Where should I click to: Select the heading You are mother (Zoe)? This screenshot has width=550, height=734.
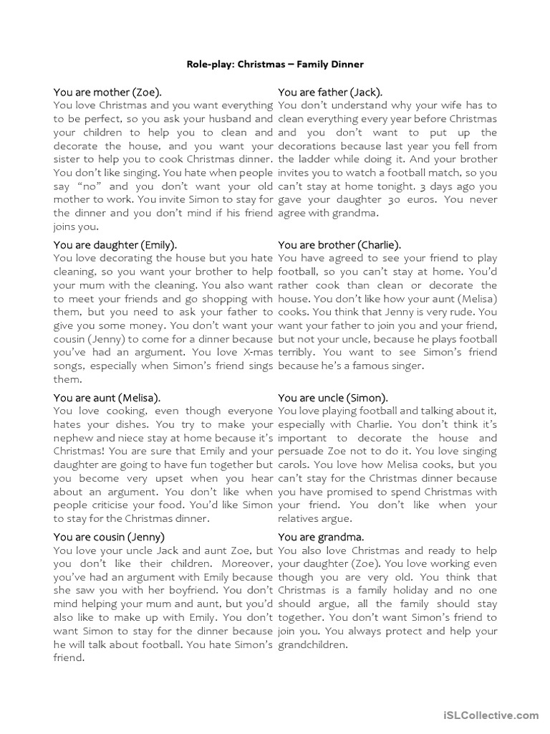(x=107, y=92)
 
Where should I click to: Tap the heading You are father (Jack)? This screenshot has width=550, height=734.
(x=330, y=92)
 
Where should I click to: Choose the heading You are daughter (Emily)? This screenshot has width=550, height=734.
(x=115, y=244)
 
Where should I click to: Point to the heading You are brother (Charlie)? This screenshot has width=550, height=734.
(x=339, y=244)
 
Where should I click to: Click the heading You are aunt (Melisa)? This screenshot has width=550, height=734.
(x=107, y=397)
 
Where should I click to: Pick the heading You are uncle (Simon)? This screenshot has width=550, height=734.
(x=333, y=397)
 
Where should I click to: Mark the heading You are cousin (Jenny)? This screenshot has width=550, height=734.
(x=110, y=536)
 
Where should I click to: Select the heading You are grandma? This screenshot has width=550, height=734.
(x=321, y=536)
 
